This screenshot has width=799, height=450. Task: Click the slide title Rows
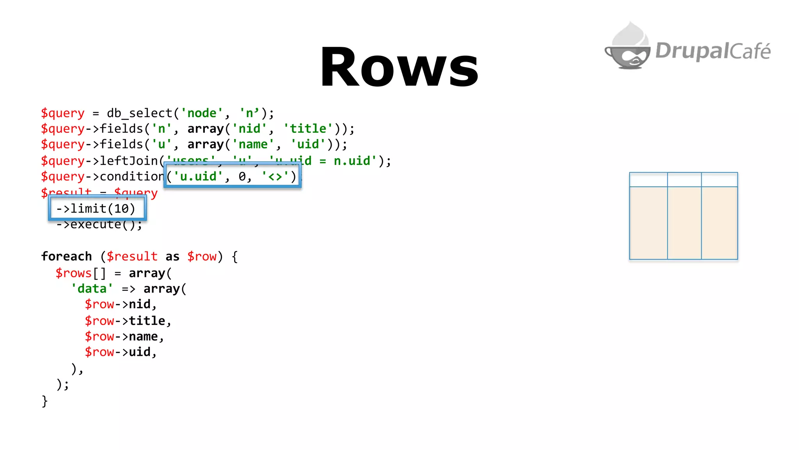[x=399, y=67]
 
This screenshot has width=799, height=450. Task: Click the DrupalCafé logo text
[x=712, y=51]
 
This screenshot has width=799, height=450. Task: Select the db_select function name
[x=139, y=113]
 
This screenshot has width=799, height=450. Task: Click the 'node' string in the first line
[x=202, y=113]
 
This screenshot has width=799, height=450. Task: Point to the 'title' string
[x=308, y=129]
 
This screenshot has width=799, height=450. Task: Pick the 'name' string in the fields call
[x=253, y=145]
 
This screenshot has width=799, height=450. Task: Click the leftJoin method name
[x=129, y=161]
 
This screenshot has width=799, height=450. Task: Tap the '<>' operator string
[x=275, y=177]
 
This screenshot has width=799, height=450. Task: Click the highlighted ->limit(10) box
[x=97, y=208]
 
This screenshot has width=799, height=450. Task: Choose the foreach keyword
[x=66, y=257]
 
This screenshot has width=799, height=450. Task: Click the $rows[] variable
[x=80, y=273]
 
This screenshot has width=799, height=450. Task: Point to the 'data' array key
[x=92, y=289]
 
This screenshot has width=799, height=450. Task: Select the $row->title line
[x=128, y=321]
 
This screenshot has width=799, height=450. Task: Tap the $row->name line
[x=124, y=336]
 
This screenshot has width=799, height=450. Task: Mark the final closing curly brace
[x=44, y=401]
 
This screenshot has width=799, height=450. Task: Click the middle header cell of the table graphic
[x=684, y=180]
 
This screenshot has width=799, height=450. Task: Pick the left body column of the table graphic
[x=648, y=223]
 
